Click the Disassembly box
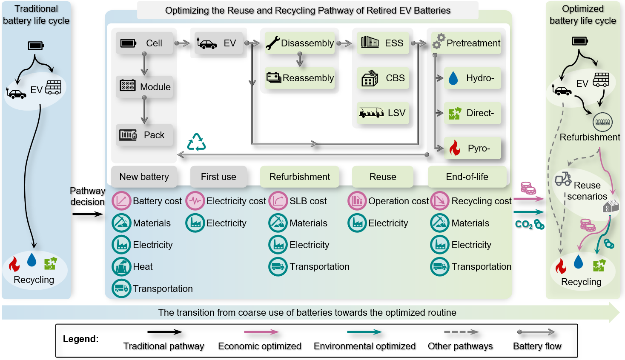(x=300, y=43)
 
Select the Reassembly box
(x=300, y=78)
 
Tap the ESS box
(x=383, y=43)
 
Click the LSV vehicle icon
(x=371, y=113)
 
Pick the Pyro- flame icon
(x=455, y=148)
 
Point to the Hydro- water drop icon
(x=453, y=78)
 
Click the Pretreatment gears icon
(x=439, y=41)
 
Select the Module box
(x=145, y=87)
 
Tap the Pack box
(x=145, y=135)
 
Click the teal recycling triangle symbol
(x=196, y=142)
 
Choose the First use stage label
(x=218, y=177)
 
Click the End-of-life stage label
(x=467, y=177)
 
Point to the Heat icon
(x=121, y=267)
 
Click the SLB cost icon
(x=278, y=201)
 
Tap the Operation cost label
(x=398, y=201)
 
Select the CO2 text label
(x=524, y=224)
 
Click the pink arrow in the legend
(x=261, y=332)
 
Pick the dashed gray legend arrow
(x=461, y=332)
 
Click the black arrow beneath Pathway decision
(x=88, y=214)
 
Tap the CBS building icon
(x=370, y=78)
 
